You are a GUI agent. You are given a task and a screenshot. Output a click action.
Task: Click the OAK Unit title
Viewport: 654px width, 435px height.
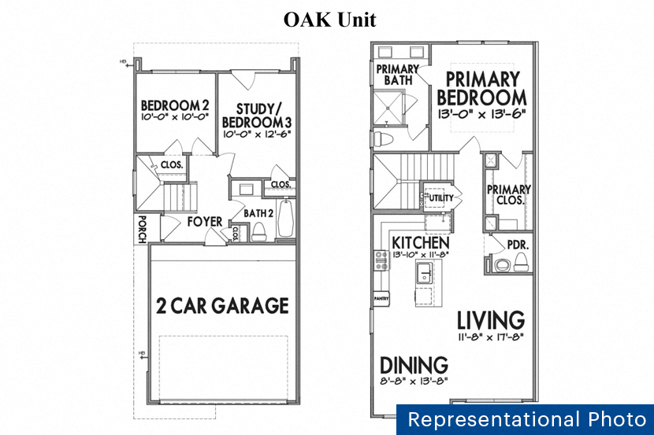click(330, 20)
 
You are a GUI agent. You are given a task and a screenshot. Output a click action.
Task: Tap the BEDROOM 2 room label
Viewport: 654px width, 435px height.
click(175, 105)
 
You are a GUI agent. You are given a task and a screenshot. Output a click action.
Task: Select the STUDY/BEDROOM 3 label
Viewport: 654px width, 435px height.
click(257, 116)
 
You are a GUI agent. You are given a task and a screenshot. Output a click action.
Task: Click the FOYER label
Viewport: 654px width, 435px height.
click(205, 222)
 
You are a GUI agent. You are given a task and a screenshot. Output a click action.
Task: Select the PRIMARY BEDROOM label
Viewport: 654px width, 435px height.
click(481, 89)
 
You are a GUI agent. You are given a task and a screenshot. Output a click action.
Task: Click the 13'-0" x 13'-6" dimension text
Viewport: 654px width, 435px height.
click(481, 113)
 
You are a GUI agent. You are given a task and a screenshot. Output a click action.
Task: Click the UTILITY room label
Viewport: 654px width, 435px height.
click(440, 198)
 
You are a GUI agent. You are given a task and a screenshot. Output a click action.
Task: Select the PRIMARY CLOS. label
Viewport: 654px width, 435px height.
click(508, 194)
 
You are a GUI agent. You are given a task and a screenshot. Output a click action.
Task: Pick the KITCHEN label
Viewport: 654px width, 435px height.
click(421, 243)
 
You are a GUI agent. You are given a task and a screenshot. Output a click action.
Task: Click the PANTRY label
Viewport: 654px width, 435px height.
click(382, 299)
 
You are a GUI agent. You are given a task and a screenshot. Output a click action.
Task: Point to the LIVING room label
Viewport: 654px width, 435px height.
click(491, 320)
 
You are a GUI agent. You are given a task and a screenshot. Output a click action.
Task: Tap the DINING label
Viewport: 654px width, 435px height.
click(414, 365)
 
